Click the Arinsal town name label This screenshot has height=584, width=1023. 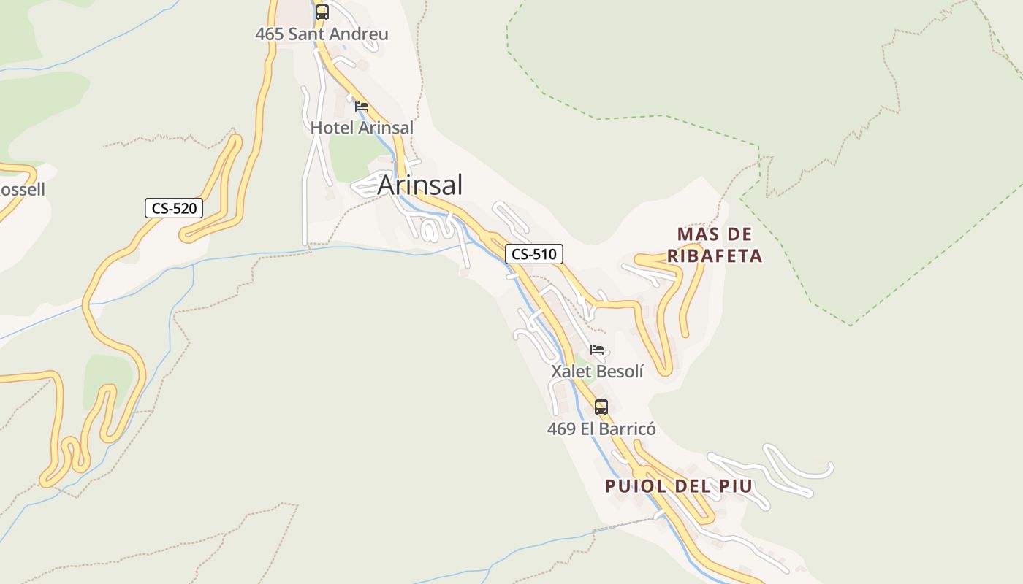420,185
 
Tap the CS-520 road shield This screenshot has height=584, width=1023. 173,208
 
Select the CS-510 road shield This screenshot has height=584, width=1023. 534,254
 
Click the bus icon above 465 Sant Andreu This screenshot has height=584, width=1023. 322,12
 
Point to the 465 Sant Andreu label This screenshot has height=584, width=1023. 322,34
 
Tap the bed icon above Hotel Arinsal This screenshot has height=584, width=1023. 362,107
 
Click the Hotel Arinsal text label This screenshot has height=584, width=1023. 362,128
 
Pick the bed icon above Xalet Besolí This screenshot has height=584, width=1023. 598,350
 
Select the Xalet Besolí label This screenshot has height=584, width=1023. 597,372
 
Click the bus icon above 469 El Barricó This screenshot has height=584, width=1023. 601,407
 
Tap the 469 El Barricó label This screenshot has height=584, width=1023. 601,429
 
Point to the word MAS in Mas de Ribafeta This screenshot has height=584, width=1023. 694,234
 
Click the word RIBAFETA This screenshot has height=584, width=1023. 715,256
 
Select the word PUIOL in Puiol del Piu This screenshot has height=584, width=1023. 635,486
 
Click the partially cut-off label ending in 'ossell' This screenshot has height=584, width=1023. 22,190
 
